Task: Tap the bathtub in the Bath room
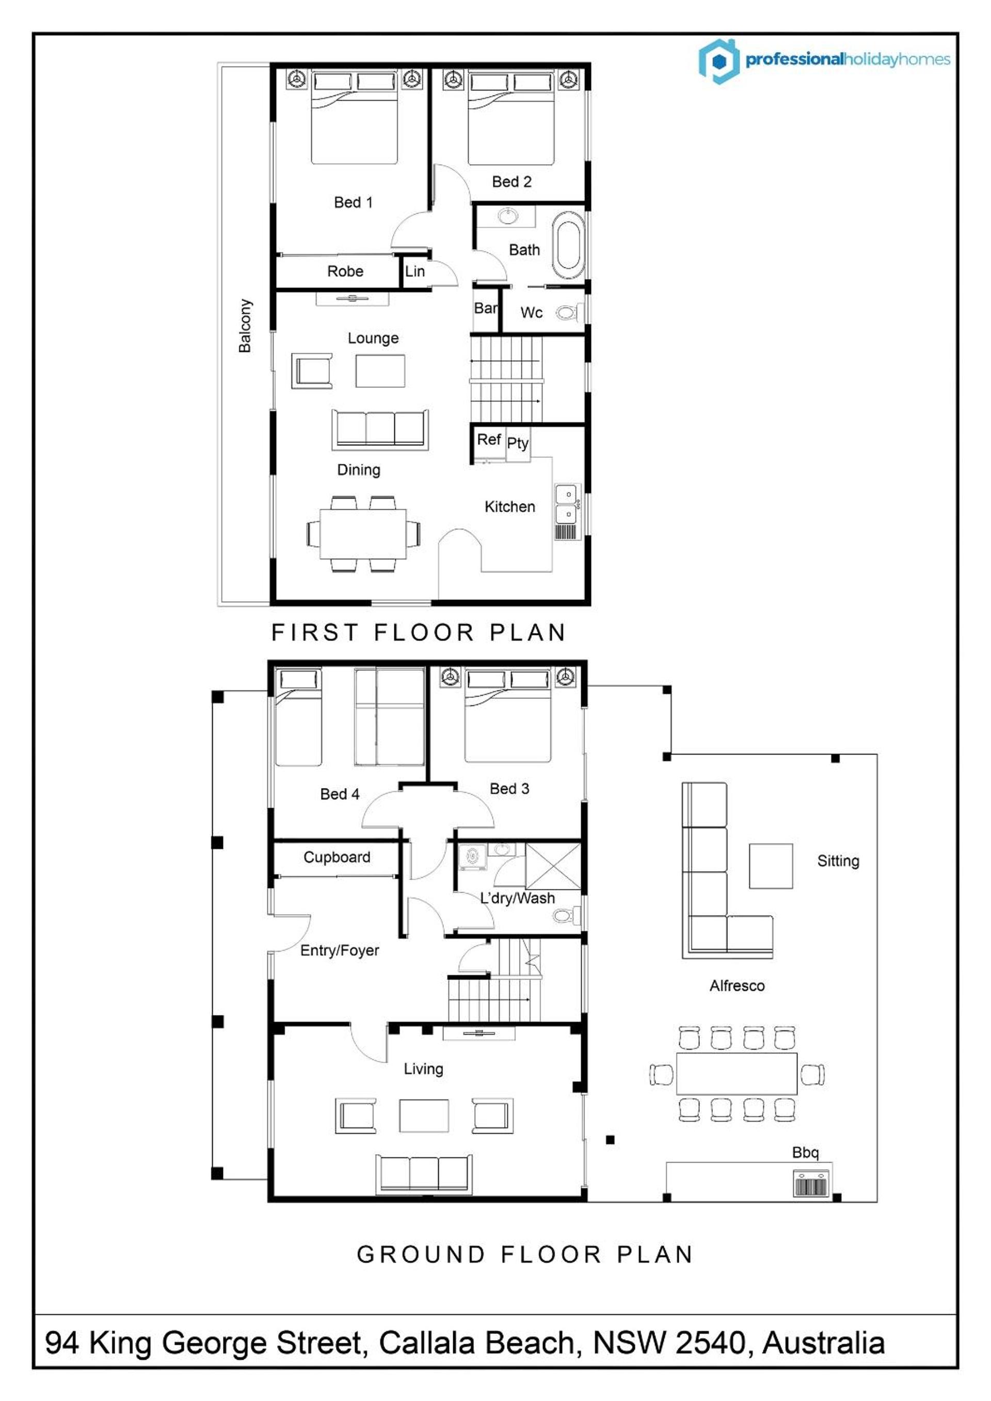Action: coord(568,245)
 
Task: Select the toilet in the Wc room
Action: coord(569,313)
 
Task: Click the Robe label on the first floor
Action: coord(345,271)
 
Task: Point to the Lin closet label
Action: coord(414,271)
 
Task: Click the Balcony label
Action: coord(245,325)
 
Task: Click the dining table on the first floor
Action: coord(363,534)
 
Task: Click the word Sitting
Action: coord(838,861)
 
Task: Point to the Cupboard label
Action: coord(337,857)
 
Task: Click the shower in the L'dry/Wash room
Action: coord(553,865)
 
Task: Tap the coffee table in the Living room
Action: coord(424,1116)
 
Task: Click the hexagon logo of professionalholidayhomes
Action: coord(720,60)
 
